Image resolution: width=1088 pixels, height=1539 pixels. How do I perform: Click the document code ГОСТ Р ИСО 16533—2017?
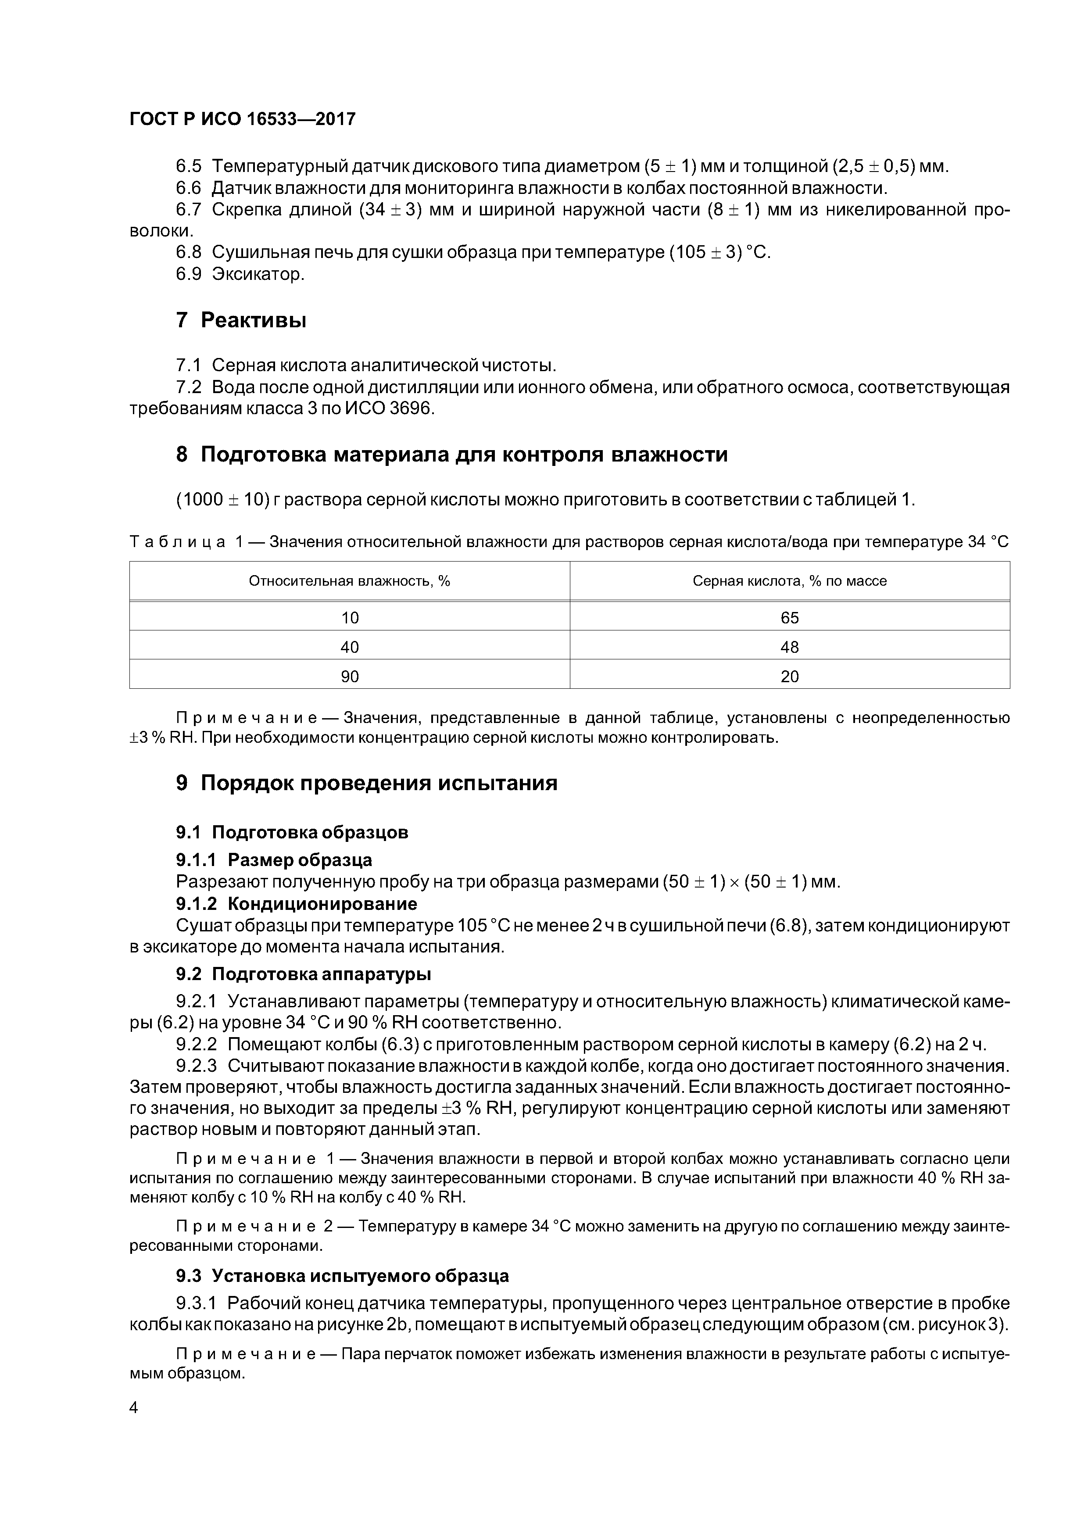(x=242, y=119)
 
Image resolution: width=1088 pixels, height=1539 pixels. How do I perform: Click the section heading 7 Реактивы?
(x=241, y=320)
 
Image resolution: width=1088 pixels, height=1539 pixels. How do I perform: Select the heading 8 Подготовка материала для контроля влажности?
(x=451, y=455)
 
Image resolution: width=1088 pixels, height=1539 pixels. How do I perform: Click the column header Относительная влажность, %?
(x=349, y=581)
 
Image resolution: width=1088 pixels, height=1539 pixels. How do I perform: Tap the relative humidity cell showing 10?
(x=349, y=617)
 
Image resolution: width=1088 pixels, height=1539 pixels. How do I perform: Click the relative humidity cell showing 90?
(x=349, y=676)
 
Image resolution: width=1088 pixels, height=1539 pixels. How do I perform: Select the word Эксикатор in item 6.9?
(x=258, y=274)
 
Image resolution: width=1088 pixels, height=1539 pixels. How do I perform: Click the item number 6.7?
(x=188, y=210)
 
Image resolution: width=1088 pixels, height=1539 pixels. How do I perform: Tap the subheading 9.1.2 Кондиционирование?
(x=296, y=904)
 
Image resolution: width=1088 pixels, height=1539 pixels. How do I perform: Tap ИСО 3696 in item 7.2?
(x=388, y=408)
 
